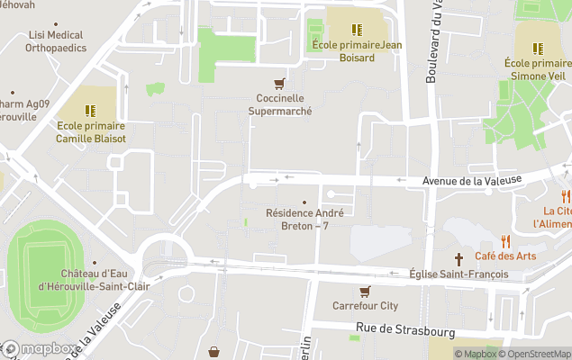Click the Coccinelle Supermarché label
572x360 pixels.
(279, 105)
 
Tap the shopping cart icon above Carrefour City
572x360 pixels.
(365, 292)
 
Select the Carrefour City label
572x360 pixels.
(365, 306)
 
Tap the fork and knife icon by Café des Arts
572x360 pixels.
(505, 241)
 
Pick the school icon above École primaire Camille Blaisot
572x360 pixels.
(90, 111)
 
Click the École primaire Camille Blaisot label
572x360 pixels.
(90, 132)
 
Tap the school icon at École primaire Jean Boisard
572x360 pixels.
(357, 29)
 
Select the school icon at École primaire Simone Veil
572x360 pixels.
(538, 49)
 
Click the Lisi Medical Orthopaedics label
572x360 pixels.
(57, 42)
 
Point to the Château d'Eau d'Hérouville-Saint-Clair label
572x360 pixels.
(93, 280)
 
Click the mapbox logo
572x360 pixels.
(41, 349)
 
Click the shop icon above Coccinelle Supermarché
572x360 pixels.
(279, 84)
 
